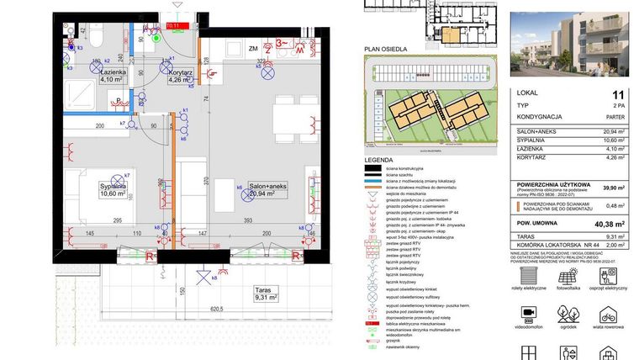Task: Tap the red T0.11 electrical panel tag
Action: tap(175, 26)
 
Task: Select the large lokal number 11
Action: tap(619, 95)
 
